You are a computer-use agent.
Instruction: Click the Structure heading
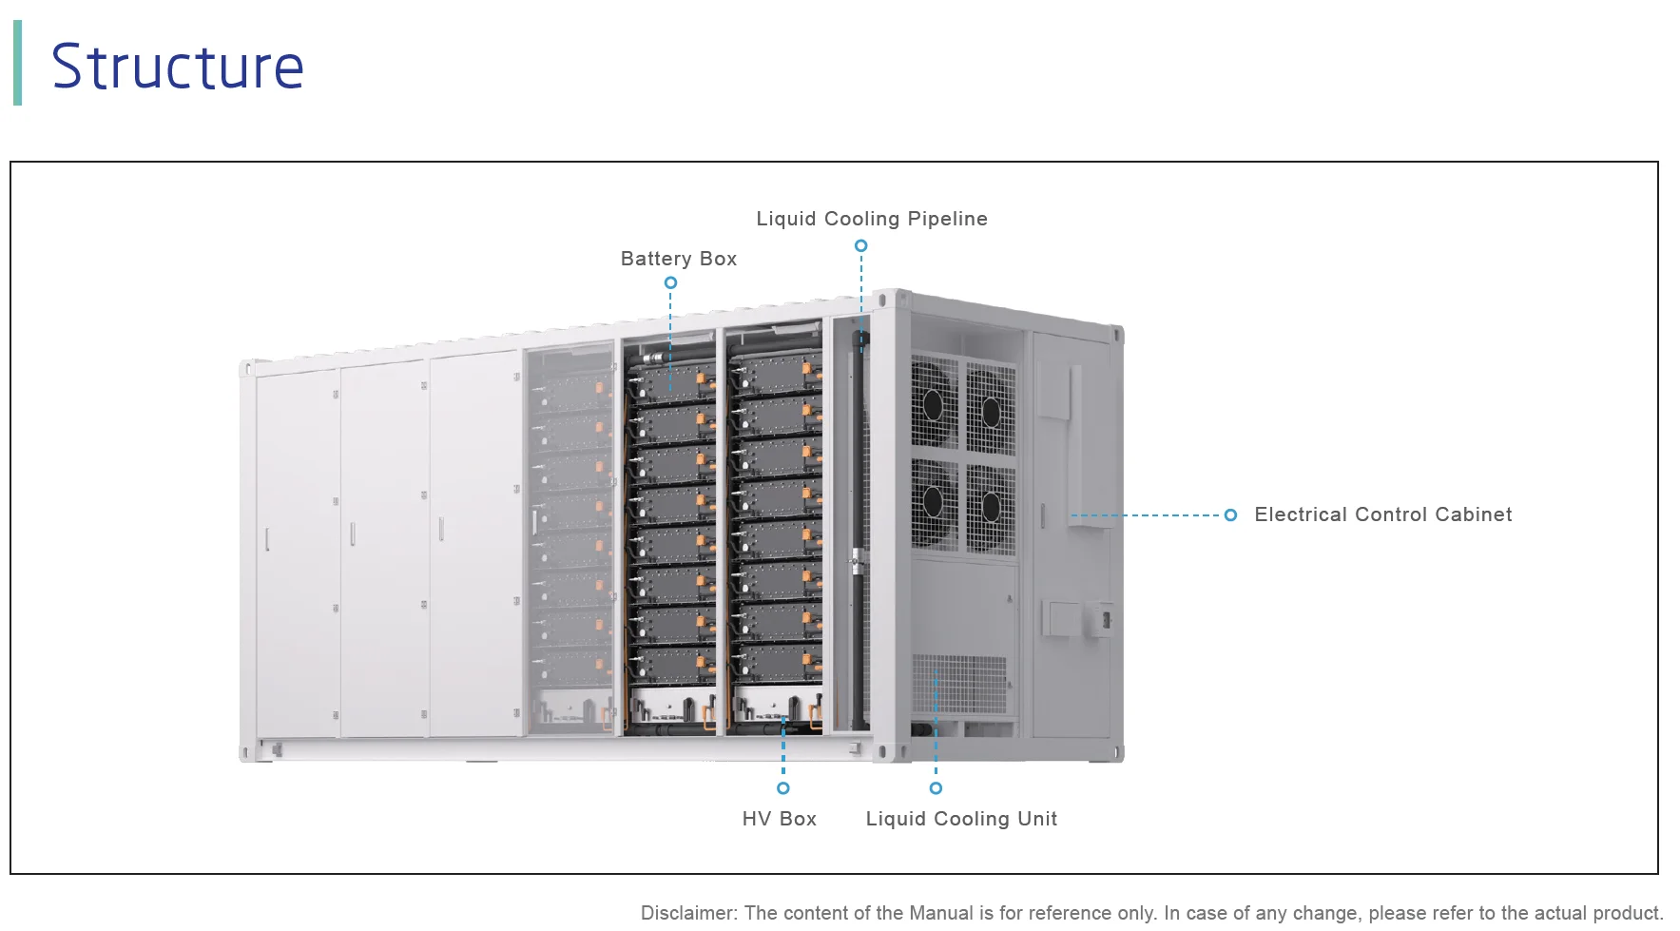pos(178,67)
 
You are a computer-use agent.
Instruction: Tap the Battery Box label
pos(678,259)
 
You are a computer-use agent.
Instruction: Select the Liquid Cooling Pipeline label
pos(871,219)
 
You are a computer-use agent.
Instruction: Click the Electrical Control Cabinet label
pos(1382,514)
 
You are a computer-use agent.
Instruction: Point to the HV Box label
pos(779,819)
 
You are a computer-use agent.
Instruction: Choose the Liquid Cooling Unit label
pos(960,819)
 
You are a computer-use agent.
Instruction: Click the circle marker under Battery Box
pos(670,282)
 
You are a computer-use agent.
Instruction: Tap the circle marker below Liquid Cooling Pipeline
pos(860,245)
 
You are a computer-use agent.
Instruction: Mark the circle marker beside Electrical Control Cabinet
pos(1230,514)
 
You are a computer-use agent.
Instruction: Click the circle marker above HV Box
pos(782,788)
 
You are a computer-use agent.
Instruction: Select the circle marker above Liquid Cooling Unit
pos(936,788)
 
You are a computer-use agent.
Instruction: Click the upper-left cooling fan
pos(934,402)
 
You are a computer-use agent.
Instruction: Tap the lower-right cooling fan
pos(991,507)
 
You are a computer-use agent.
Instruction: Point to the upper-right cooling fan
pos(991,412)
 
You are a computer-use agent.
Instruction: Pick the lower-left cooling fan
pos(934,501)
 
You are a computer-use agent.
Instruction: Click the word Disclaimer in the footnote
pos(687,913)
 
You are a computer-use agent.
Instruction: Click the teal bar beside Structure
pos(17,63)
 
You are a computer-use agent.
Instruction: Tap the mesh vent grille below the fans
pos(958,683)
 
